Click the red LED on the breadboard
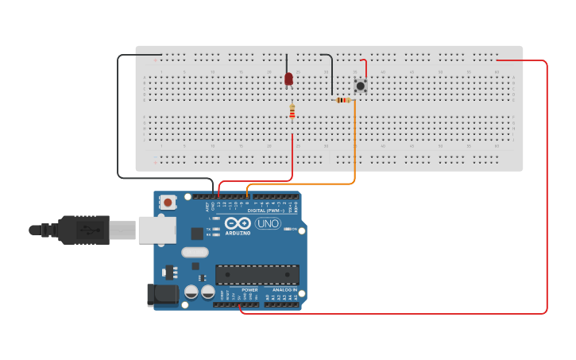[288, 79]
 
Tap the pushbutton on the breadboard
[361, 85]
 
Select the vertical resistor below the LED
[292, 112]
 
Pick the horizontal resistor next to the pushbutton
[343, 100]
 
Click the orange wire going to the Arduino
[355, 151]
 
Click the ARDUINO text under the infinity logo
[238, 233]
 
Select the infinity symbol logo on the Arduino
[238, 223]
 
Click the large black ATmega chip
[257, 275]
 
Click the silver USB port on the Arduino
[157, 230]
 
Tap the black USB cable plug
[83, 230]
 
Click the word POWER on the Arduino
[249, 290]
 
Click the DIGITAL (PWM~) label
[265, 210]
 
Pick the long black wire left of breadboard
[118, 119]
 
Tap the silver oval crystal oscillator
[195, 253]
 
